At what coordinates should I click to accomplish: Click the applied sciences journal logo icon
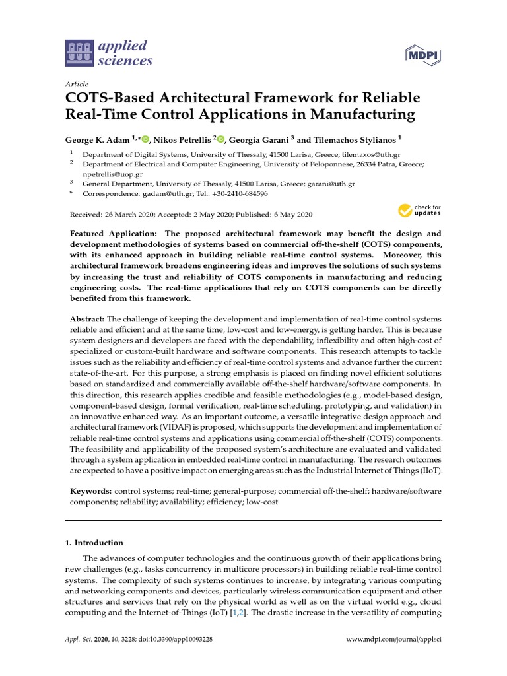pyautogui.click(x=79, y=54)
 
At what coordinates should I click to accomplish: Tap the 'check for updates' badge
pyautogui.click(x=419, y=211)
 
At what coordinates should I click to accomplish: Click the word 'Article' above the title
pyautogui.click(x=77, y=84)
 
